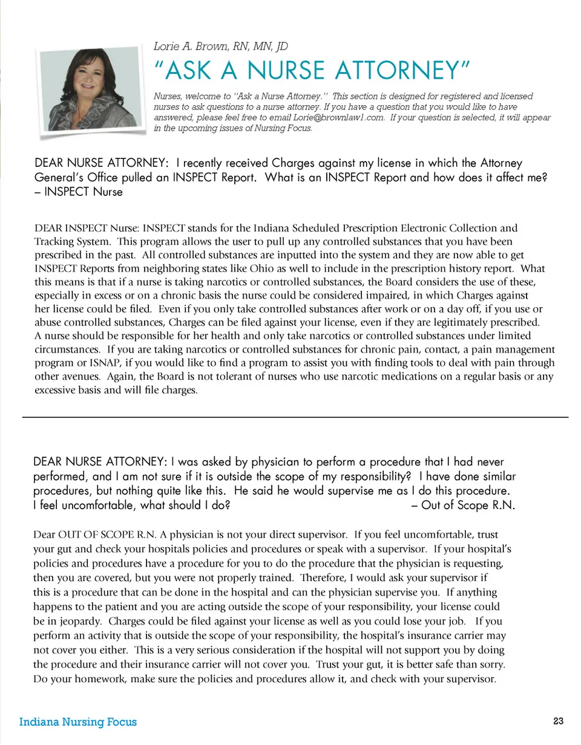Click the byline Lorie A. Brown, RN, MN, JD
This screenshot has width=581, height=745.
pos(221,47)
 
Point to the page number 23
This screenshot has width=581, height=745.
pos(558,721)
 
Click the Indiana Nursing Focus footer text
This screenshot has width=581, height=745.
pos(78,722)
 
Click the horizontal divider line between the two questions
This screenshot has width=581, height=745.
pos(295,417)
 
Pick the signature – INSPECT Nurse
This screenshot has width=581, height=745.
pos(79,192)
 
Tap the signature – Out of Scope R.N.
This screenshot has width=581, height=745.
pos(463,506)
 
